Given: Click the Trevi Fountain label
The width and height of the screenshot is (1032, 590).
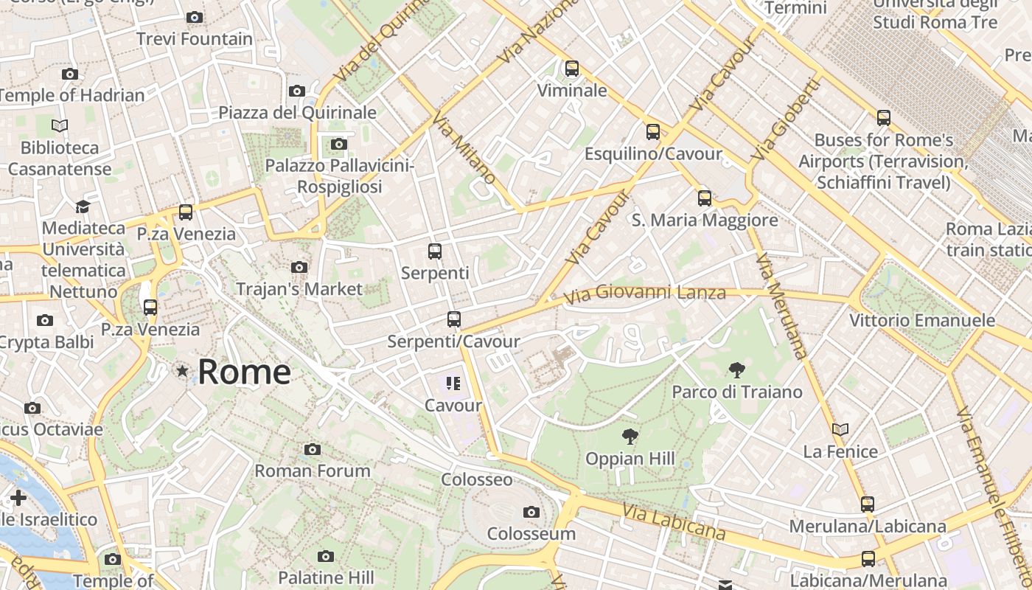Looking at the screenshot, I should [x=195, y=39].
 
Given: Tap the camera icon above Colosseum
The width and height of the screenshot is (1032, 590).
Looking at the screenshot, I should [x=531, y=512].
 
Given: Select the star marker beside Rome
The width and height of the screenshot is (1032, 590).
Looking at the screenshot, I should [x=182, y=371].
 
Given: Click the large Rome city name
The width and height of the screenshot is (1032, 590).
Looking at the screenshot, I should [x=244, y=372].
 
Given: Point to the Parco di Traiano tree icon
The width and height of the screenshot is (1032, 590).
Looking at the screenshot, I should [x=736, y=370].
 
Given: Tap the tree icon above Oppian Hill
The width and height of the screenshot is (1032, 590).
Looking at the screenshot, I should [x=630, y=437].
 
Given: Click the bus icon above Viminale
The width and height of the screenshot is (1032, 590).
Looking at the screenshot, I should [x=571, y=69].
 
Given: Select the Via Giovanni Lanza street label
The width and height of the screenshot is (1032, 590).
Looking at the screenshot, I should [x=645, y=295].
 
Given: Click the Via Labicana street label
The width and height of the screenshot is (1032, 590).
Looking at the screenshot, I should [x=673, y=522].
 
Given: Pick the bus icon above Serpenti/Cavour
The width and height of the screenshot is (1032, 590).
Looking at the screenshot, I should [x=454, y=319].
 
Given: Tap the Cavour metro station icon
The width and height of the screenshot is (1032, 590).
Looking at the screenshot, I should [x=453, y=383].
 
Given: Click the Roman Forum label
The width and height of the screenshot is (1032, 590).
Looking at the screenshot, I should [x=313, y=471].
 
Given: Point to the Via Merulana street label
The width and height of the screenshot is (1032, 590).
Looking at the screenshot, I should [x=782, y=306].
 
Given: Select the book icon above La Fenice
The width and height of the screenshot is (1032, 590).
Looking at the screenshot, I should [x=840, y=429].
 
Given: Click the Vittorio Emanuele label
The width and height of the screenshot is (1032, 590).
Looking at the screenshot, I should [x=922, y=321].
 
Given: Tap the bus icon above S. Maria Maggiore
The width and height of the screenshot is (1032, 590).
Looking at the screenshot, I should [x=705, y=198].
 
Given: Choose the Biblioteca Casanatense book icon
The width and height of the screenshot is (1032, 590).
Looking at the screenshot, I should [x=60, y=126].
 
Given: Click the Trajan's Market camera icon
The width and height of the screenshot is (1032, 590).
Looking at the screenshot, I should [x=299, y=267].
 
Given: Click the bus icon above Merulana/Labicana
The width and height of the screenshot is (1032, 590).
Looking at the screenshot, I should [x=868, y=504].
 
